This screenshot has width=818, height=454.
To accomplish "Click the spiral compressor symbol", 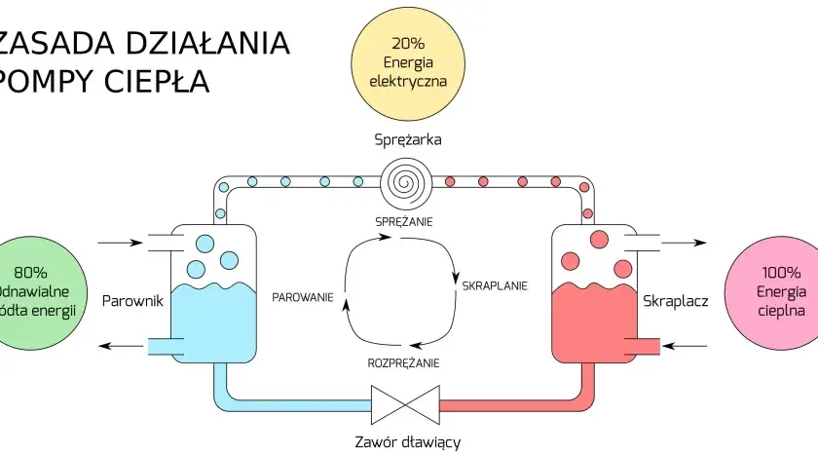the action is point(406,182).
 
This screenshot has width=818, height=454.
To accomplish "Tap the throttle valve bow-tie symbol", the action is point(405,405).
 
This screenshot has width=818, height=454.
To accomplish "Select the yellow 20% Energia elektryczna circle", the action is point(407,63).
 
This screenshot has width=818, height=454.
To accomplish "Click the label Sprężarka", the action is point(408,140).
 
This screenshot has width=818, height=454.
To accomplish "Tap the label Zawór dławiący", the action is point(408,442).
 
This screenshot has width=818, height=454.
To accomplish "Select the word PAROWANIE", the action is point(303,297).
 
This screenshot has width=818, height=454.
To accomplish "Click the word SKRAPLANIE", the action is point(495,286).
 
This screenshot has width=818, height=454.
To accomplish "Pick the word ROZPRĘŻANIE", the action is point(403,363).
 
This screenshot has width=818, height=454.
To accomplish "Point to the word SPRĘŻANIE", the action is point(404,222).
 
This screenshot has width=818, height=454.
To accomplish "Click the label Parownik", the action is point(132,301).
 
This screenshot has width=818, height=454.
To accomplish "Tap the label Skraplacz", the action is point(676,301).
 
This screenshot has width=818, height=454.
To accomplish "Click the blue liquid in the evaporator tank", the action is point(214,323).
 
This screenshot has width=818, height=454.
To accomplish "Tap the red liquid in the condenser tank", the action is point(594,323).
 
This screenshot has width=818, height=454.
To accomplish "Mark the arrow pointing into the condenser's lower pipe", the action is point(684,346).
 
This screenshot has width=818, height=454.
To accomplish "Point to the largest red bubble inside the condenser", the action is point(599,239).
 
